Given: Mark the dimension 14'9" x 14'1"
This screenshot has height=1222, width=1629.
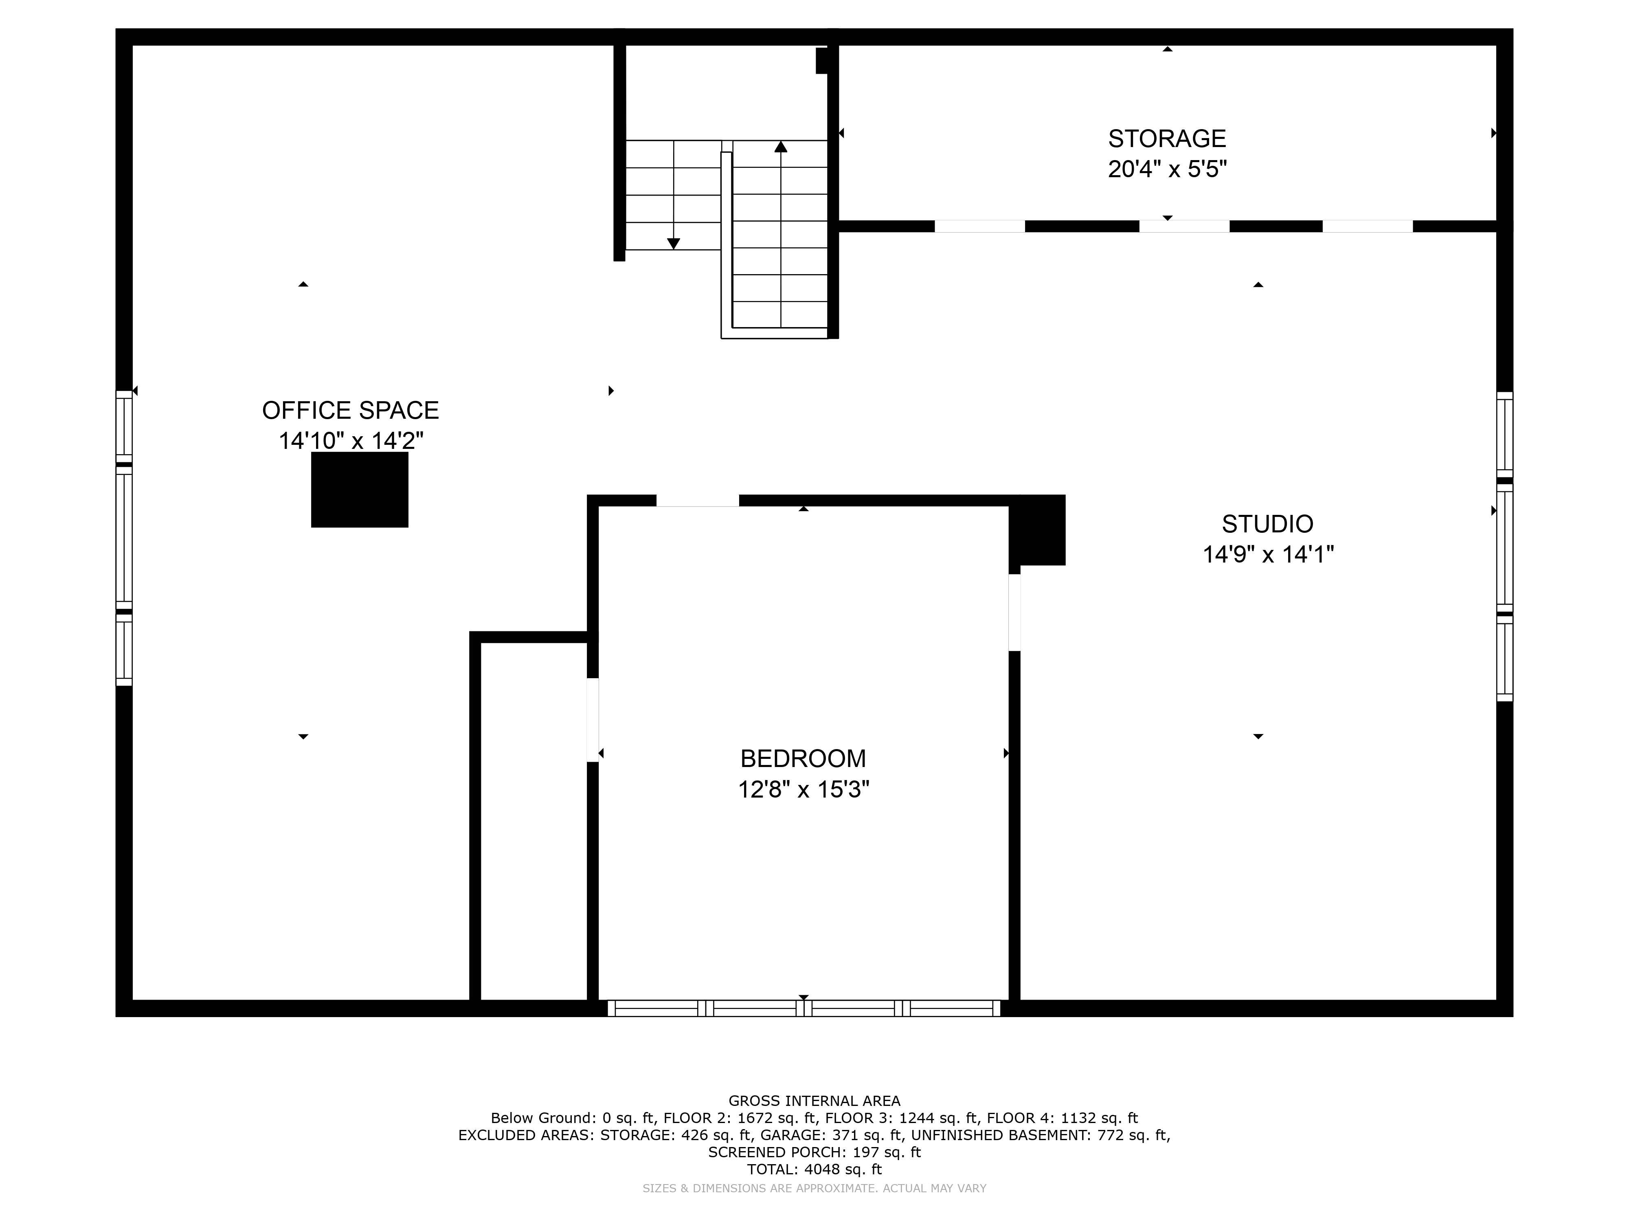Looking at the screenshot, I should pos(1267,554).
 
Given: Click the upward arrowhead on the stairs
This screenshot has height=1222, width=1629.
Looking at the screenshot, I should pos(781,147).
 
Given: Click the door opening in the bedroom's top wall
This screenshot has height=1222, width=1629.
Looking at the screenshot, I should pos(697,501).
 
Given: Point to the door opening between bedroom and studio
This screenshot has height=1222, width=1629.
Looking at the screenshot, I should pos(1014,612).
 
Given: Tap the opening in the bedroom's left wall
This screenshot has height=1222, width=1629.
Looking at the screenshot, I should pos(592,720).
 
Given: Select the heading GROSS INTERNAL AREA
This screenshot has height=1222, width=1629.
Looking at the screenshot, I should pos(814,1101).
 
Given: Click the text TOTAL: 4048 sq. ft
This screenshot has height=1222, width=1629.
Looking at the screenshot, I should pos(814,1169).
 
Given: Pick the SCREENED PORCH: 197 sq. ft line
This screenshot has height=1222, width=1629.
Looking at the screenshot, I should pos(814,1152).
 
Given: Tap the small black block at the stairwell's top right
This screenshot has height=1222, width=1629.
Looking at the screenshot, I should pos(822,60).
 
